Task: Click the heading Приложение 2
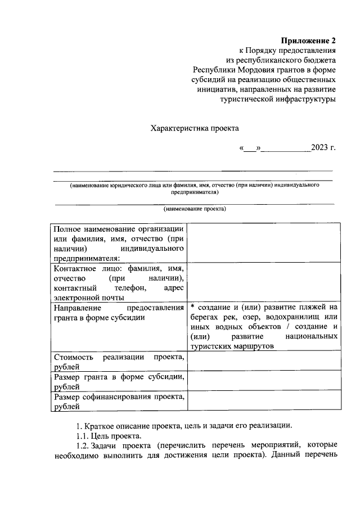click(308, 41)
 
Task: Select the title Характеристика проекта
click(191, 128)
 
